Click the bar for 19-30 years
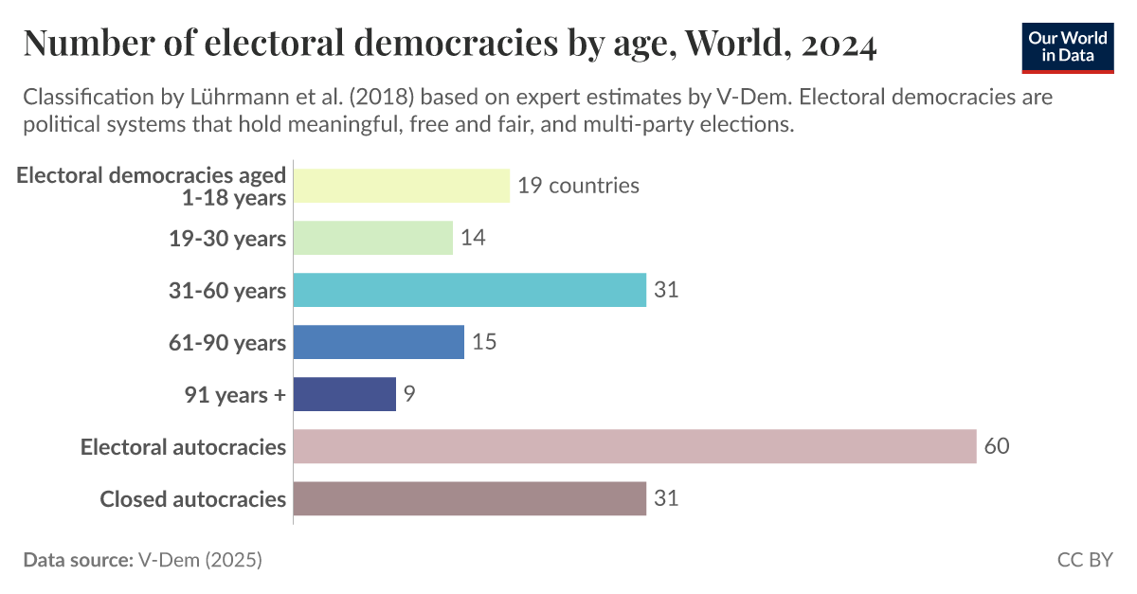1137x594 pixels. click(x=372, y=238)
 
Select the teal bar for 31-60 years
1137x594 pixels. click(x=469, y=290)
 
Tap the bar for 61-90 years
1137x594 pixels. click(x=378, y=342)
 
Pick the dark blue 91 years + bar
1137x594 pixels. click(x=344, y=394)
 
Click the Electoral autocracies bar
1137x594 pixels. click(x=634, y=446)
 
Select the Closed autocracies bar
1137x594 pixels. click(x=469, y=498)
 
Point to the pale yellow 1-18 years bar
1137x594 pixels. click(x=401, y=186)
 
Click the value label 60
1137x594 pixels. click(x=997, y=446)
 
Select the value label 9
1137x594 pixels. click(x=409, y=394)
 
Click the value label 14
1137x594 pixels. click(x=473, y=238)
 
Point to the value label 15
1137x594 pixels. click(x=484, y=342)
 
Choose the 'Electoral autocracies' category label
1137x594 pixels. click(x=183, y=447)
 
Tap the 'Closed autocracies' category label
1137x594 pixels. click(x=192, y=499)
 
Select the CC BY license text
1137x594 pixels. click(x=1085, y=560)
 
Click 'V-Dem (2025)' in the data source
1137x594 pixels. click(x=200, y=560)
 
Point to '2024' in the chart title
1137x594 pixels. click(x=835, y=45)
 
